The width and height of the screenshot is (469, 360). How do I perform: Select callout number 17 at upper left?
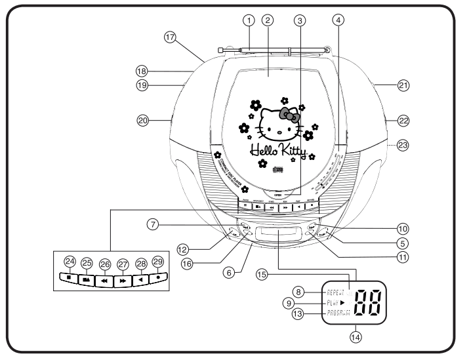(171, 39)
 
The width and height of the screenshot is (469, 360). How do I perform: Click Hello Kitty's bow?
(290, 115)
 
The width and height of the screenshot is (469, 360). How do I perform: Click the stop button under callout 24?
(68, 277)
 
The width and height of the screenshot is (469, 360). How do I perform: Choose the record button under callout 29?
(158, 277)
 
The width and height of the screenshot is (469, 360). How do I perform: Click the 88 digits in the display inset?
(372, 300)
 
